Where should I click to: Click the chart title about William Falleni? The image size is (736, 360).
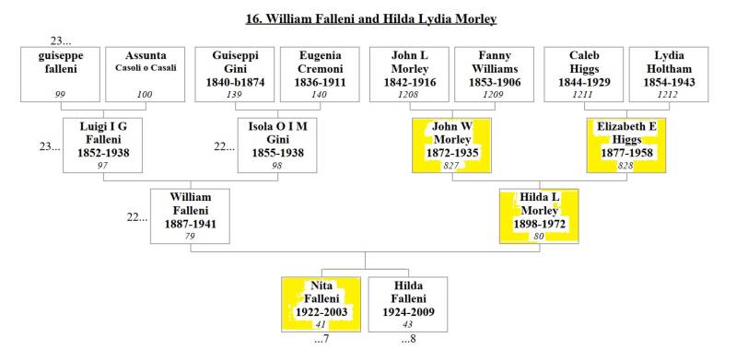tap(371, 19)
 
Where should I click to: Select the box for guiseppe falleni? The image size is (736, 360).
tap(61, 75)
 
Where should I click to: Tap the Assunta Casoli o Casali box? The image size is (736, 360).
tap(145, 75)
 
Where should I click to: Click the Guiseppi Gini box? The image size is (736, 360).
tap(235, 75)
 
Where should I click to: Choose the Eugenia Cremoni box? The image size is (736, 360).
tap(320, 75)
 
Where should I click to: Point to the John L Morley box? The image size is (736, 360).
tap(409, 75)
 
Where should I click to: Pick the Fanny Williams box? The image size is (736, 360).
tap(495, 75)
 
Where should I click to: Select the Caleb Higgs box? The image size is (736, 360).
tap(584, 75)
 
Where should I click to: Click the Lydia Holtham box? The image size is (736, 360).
tap(669, 75)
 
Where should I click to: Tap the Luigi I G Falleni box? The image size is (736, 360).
tap(103, 145)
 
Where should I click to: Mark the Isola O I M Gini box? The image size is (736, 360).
tap(277, 145)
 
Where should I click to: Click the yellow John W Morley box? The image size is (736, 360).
tap(452, 145)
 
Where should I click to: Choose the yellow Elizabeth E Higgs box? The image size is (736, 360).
tap(626, 145)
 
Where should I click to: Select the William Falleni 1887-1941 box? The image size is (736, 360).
tap(190, 216)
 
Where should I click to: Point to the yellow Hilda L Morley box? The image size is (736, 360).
tap(539, 216)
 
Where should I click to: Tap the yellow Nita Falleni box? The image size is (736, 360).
tap(321, 305)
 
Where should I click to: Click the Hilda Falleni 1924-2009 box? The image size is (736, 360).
tap(408, 305)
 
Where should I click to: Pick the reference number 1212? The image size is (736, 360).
tap(669, 95)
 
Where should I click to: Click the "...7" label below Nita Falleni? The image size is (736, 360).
tap(321, 339)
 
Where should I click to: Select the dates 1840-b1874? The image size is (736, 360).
tap(235, 83)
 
